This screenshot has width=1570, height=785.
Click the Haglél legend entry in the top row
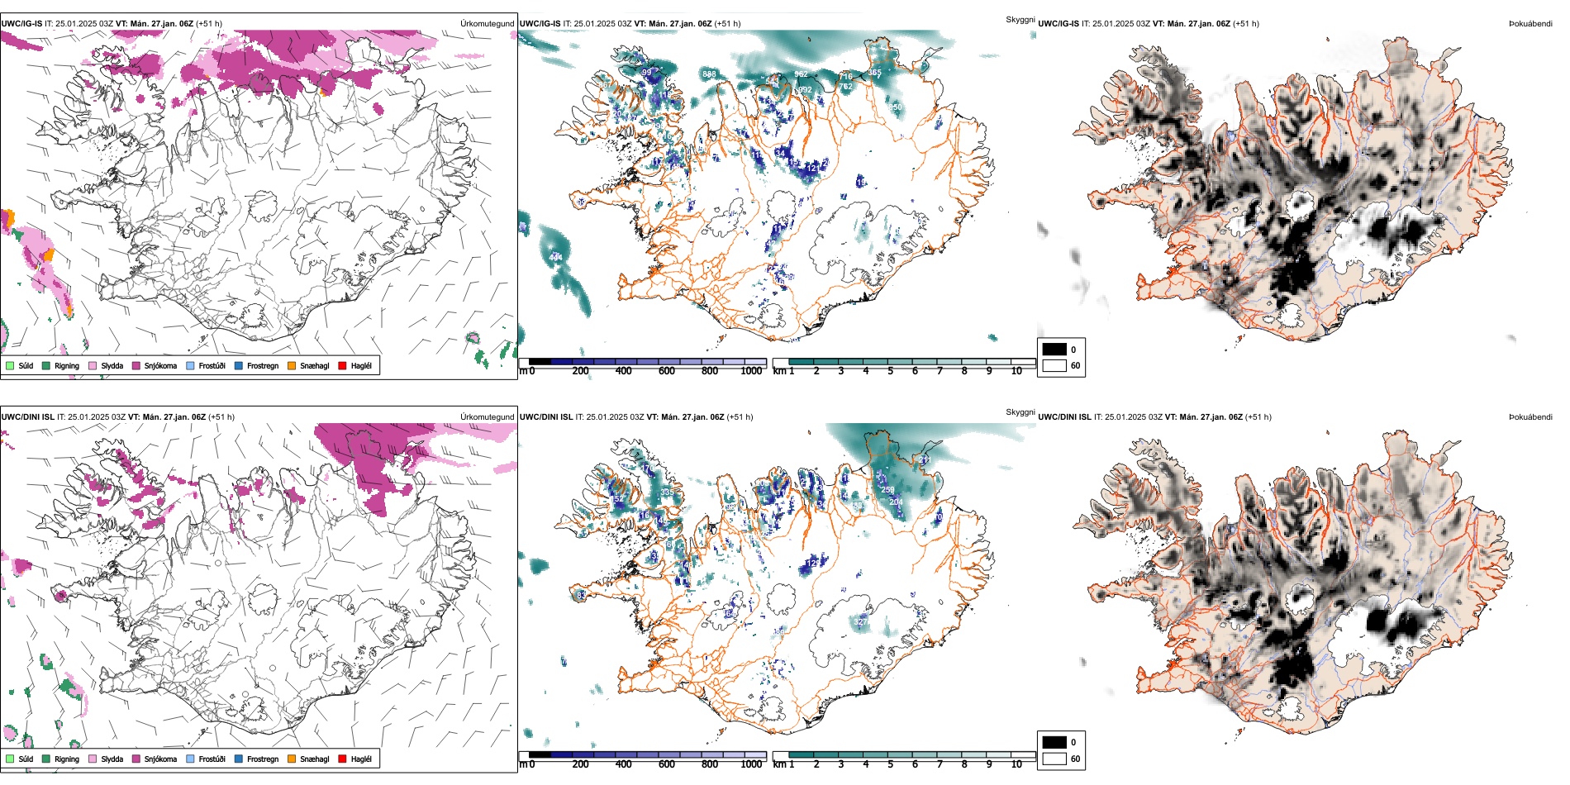355,365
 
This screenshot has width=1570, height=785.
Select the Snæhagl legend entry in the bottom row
308,759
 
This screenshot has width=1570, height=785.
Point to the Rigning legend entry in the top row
60,365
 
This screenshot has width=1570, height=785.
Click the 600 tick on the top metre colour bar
667,371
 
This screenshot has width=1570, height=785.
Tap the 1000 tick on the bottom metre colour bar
751,764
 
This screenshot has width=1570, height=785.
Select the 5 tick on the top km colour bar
891,371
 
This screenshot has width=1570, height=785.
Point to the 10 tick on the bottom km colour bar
1016,764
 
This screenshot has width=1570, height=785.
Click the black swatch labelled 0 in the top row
1054,350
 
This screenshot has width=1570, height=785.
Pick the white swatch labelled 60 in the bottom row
1054,759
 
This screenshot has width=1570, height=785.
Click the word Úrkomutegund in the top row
488,24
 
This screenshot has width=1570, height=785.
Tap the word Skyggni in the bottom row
1020,412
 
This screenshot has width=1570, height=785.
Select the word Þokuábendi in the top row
1530,24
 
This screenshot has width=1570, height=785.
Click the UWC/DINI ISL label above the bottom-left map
27,417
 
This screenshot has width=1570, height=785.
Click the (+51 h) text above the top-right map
1246,24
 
